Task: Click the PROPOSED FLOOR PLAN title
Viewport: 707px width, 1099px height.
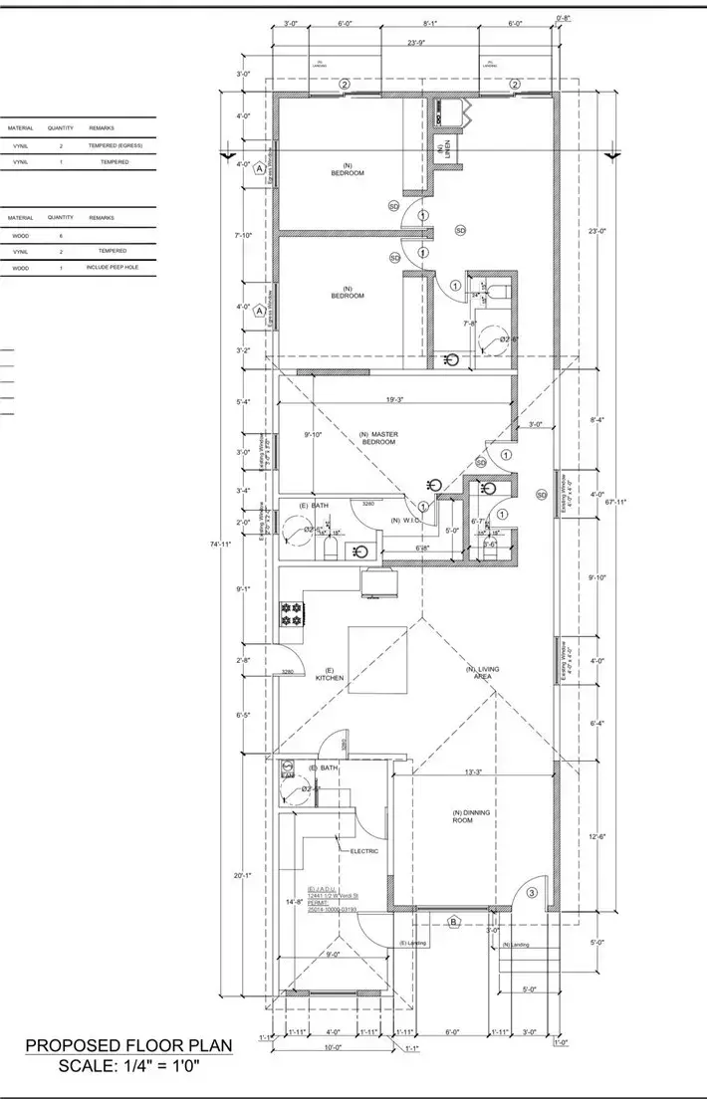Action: point(128,1045)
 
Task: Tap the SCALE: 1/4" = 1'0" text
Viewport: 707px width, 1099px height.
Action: point(128,1066)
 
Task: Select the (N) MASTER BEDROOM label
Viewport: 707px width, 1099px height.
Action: point(377,438)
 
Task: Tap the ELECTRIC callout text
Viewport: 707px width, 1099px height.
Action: point(363,851)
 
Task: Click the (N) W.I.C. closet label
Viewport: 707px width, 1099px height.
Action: point(404,521)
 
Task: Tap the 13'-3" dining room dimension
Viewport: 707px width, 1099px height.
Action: point(473,771)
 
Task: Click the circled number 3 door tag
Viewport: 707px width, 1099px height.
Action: point(532,892)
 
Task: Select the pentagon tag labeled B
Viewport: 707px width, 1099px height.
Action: point(453,922)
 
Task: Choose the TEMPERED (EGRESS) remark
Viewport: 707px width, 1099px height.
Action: point(116,145)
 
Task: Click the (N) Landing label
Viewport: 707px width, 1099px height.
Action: point(516,945)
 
